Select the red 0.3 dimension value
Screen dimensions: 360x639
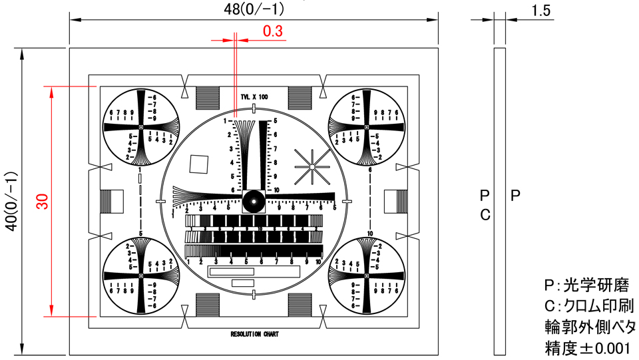tap(273, 31)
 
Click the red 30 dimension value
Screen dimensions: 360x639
tap(42, 202)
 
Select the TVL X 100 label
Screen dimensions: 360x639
tap(254, 97)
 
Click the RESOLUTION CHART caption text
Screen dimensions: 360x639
tap(254, 334)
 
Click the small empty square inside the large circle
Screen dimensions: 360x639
tap(199, 164)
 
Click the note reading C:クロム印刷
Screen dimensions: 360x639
tap(590, 307)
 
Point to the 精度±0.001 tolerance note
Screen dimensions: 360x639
tap(586, 347)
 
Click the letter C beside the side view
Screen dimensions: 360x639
tap(485, 214)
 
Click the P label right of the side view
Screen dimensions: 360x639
tap(515, 196)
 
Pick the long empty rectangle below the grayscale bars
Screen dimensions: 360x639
tap(232, 271)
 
